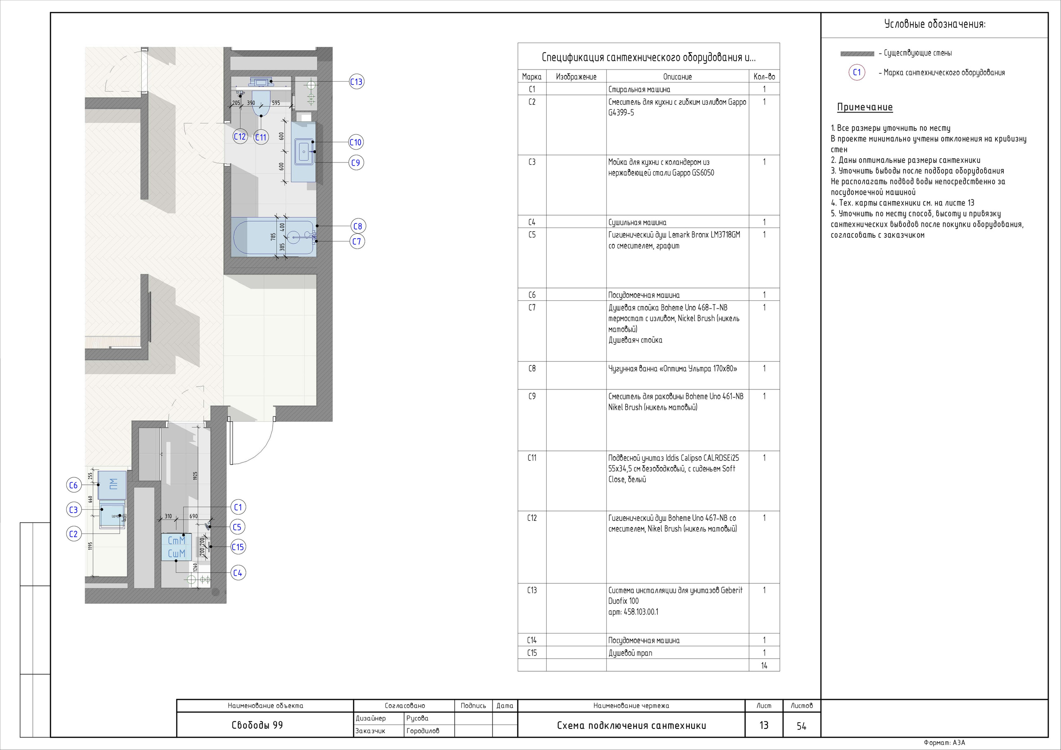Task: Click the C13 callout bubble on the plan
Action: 356,82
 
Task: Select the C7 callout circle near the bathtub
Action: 357,241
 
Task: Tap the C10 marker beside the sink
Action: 355,142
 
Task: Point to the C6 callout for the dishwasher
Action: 73,485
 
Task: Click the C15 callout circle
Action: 237,547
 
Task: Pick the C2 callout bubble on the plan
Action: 73,534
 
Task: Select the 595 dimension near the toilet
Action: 276,103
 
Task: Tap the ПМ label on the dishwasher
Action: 113,484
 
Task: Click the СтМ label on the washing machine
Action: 177,540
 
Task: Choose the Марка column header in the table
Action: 532,77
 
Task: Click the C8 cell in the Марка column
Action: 532,369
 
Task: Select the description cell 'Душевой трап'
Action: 630,653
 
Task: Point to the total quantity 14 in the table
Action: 764,665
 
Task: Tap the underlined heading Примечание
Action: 865,107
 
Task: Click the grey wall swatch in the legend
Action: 857,53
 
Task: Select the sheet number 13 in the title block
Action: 764,725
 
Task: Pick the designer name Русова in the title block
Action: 417,718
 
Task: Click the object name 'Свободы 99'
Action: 257,725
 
